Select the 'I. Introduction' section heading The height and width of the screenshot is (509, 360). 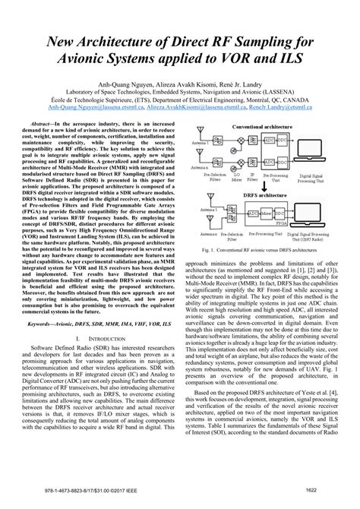pos(94,336)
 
